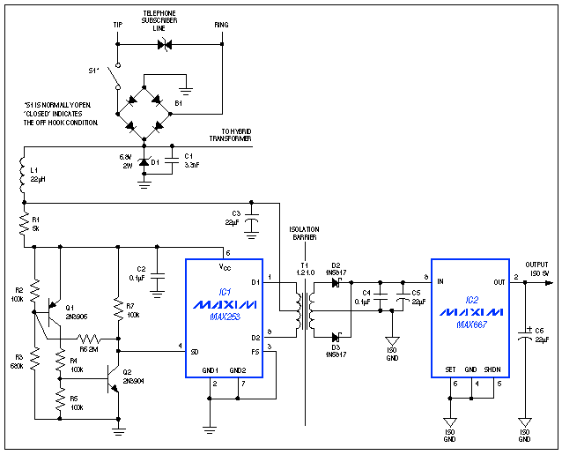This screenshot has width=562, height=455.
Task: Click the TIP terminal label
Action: pos(117,25)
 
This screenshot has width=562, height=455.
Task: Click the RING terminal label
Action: pos(221,25)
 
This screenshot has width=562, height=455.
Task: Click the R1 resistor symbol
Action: pos(23,224)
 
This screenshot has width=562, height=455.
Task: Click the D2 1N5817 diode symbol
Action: pos(335,282)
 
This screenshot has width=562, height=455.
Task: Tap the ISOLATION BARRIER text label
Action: pos(304,233)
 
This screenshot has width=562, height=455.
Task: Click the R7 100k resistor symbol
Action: pos(117,309)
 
